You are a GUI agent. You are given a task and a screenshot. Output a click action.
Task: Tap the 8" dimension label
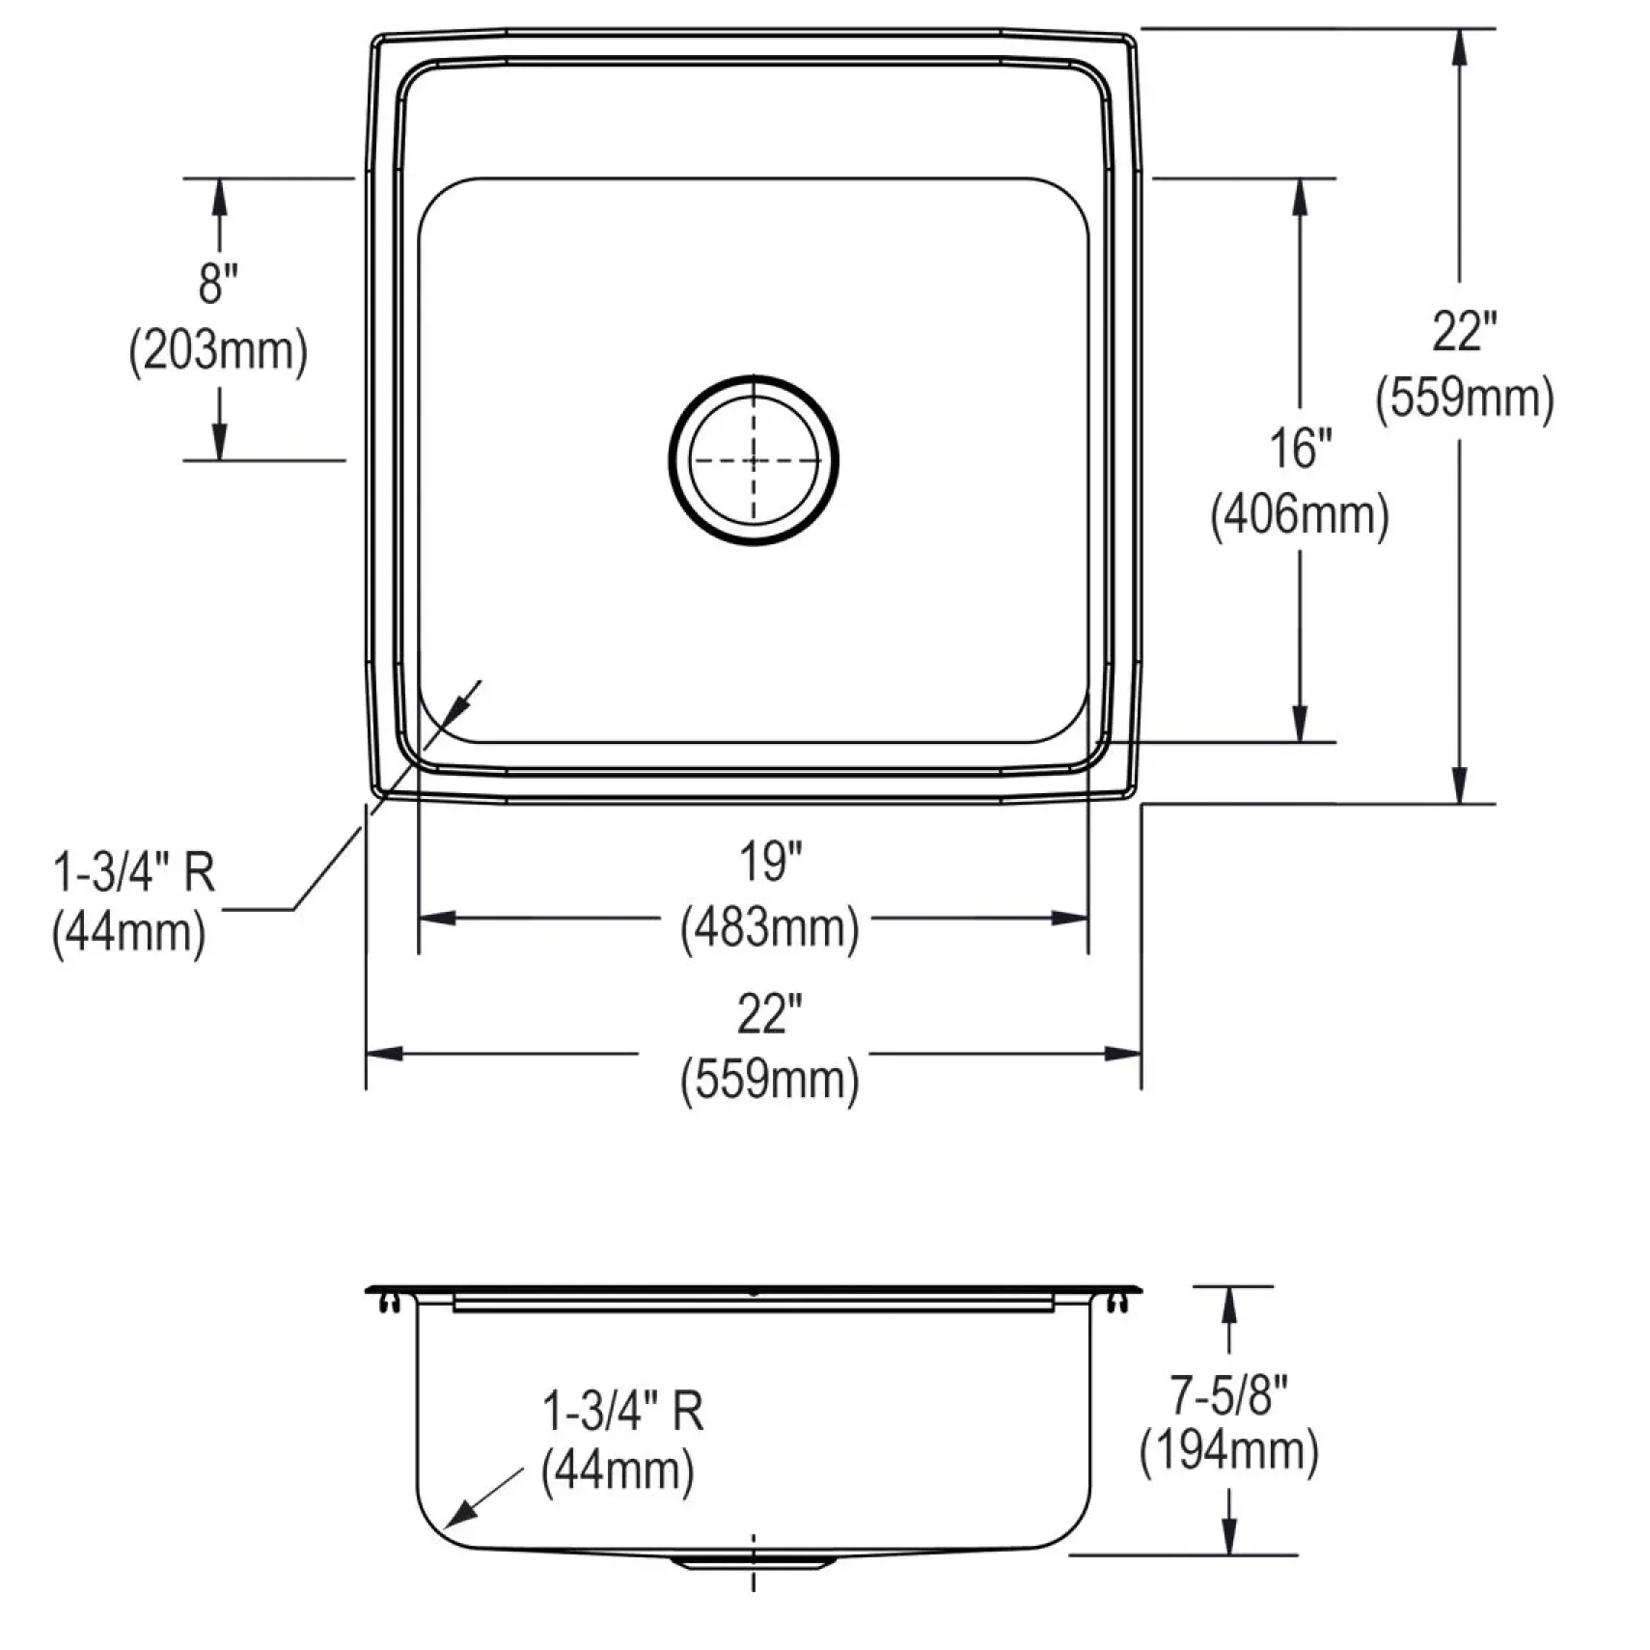pyautogui.click(x=218, y=284)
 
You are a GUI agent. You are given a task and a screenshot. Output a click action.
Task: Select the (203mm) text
pyautogui.click(x=218, y=350)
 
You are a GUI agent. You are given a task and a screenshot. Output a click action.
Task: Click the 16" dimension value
pyautogui.click(x=1300, y=449)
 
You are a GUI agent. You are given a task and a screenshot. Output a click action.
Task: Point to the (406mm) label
pyautogui.click(x=1300, y=515)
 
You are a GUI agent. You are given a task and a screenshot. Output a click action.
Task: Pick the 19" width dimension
pyautogui.click(x=770, y=862)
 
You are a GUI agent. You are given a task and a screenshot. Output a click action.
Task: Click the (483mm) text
pyautogui.click(x=770, y=928)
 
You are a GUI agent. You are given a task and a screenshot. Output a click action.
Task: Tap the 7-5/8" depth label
pyautogui.click(x=1228, y=1395)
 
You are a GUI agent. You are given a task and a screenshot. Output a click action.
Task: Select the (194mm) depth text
pyautogui.click(x=1228, y=1451)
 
